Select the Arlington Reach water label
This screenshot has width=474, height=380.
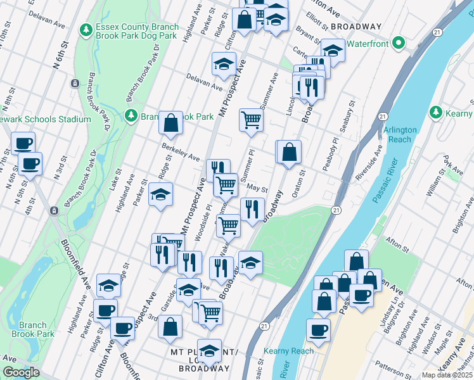400,134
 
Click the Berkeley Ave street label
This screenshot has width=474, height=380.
181,153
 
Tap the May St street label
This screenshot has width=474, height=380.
257,189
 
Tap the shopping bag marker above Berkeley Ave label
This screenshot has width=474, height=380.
171,123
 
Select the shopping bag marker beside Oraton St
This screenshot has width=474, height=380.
288,153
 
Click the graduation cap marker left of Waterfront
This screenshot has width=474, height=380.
332,49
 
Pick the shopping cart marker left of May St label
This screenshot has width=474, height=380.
225,185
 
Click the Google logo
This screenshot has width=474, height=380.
21,373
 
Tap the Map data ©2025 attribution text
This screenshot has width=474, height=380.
447,375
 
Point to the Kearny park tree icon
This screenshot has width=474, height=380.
435,112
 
